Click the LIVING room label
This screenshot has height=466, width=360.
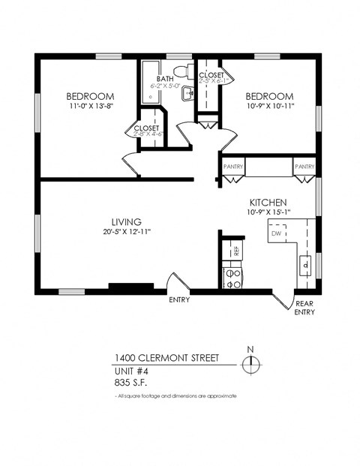coord(127,222)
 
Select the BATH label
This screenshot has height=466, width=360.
coord(165,79)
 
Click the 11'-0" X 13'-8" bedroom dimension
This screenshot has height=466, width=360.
coord(90,107)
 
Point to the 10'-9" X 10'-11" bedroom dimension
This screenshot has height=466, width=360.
coord(268,107)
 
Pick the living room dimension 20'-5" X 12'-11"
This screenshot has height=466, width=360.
coord(127,232)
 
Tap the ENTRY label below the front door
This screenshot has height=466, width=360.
coord(179,300)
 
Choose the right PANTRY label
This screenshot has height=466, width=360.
coord(304,167)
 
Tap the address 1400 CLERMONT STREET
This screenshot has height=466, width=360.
coord(166,358)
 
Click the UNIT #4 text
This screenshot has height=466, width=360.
coord(131,371)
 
